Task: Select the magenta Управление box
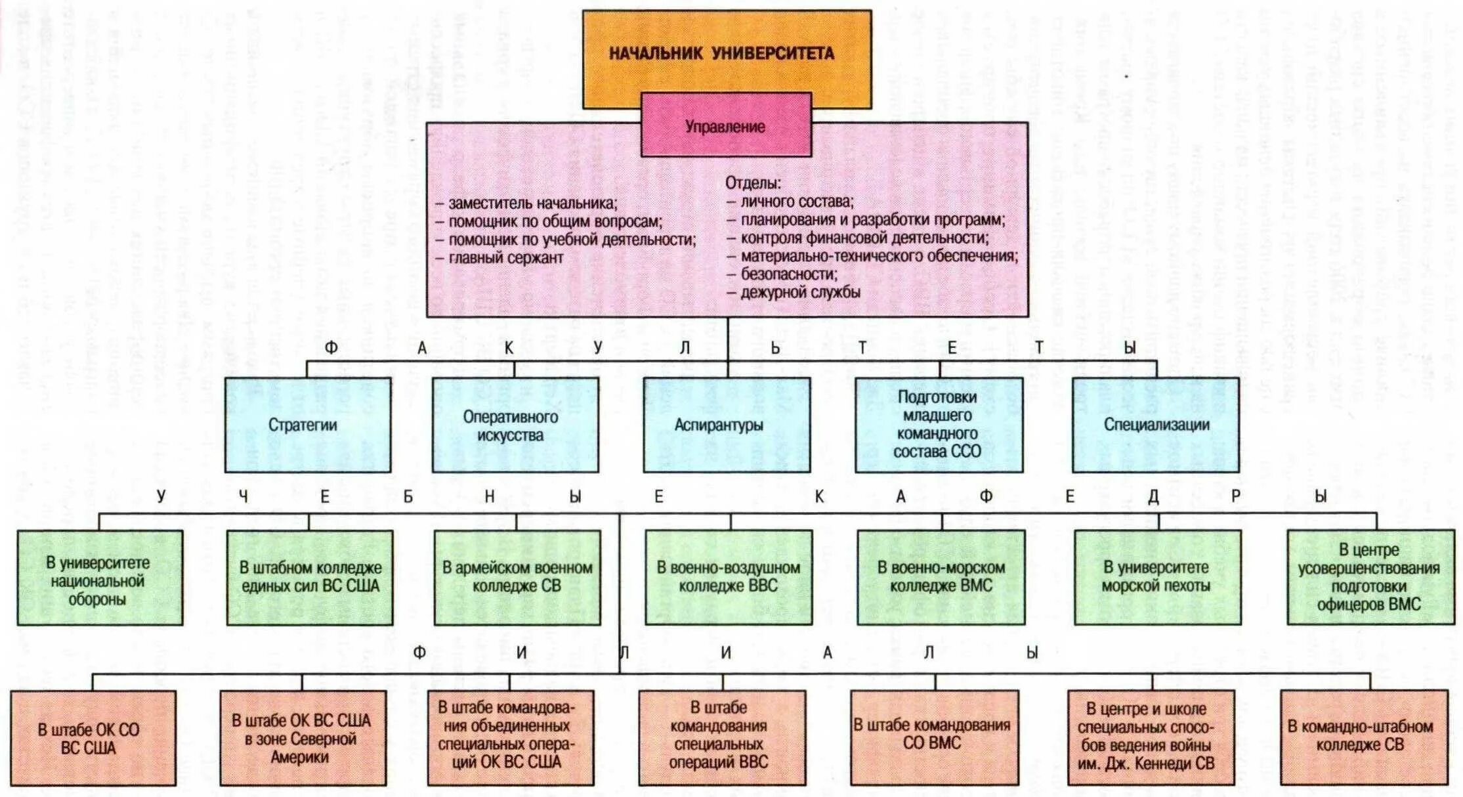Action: point(725,126)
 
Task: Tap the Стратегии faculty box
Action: point(308,425)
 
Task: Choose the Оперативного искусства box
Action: point(515,425)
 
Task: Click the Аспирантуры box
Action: point(726,425)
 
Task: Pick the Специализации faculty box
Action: point(1156,425)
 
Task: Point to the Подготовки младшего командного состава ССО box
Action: point(939,425)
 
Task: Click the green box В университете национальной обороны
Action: point(100,578)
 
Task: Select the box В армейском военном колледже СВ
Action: point(517,577)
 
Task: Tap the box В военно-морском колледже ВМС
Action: point(941,577)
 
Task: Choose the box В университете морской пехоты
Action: point(1157,577)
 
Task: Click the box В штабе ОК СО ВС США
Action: point(93,738)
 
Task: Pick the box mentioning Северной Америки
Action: point(303,738)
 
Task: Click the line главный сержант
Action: point(505,258)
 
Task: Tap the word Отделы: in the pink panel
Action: point(753,183)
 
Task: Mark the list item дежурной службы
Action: point(800,293)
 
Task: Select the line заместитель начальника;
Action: point(532,204)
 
